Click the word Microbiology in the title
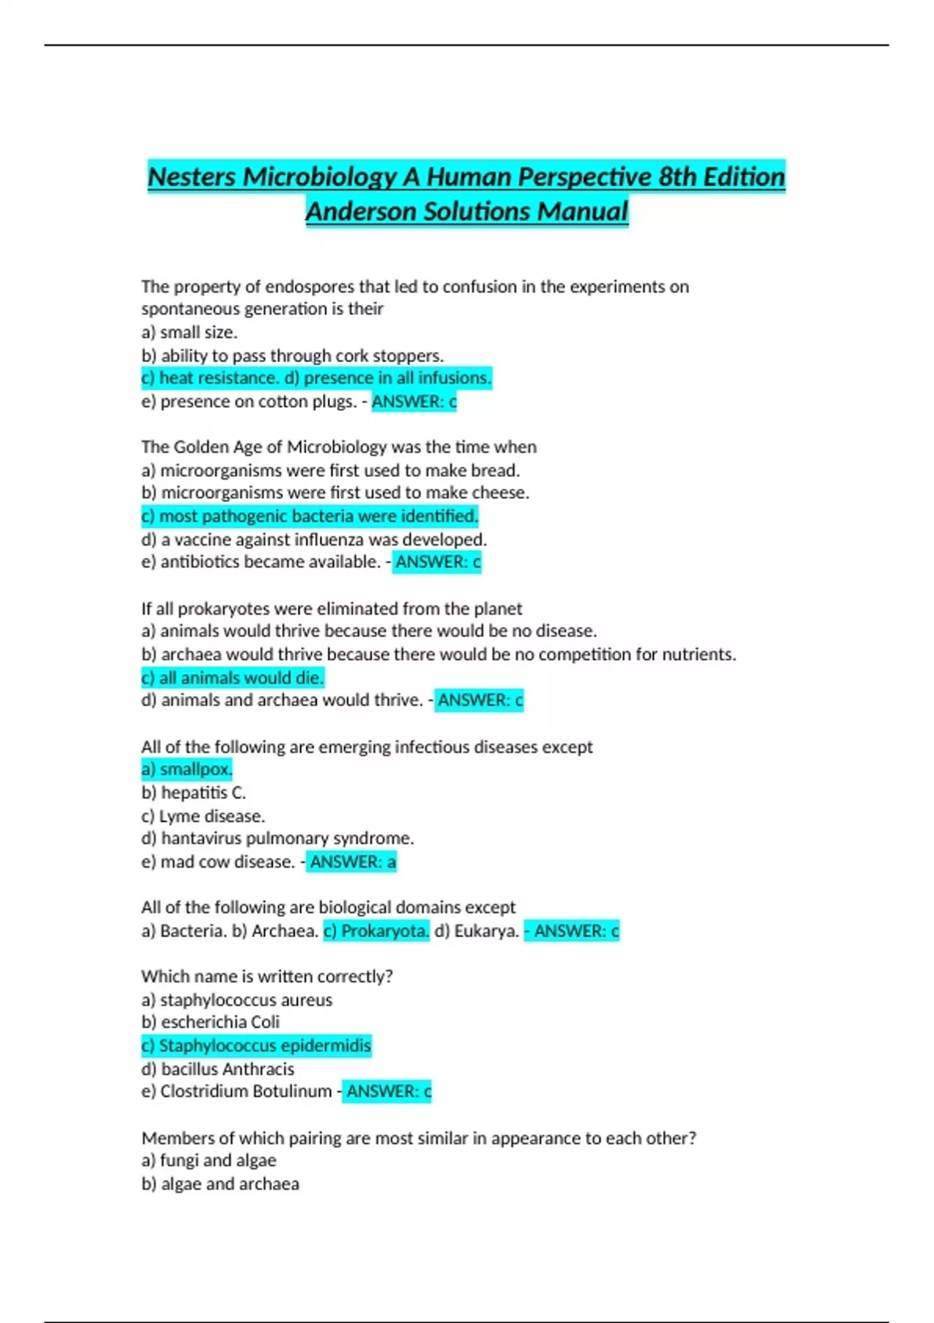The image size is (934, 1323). coord(320,177)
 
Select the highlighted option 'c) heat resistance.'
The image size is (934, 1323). coord(209,378)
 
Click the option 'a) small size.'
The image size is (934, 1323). coord(189,332)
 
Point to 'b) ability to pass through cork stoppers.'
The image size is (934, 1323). coord(293,356)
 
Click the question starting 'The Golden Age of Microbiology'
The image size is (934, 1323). coord(339,447)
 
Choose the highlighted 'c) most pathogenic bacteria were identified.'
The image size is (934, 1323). coord(310,516)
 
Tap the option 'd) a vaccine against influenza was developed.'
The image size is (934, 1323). coord(314,539)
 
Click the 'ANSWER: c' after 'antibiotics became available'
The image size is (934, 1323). coord(437,562)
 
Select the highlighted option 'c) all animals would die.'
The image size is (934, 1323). coord(233,678)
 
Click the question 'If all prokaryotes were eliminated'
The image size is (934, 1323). coord(332,609)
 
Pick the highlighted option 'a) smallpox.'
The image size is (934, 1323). coord(187,770)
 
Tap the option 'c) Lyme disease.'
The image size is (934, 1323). coord(203,816)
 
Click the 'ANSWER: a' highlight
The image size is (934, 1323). coord(353,862)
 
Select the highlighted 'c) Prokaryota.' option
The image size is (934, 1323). coord(376,931)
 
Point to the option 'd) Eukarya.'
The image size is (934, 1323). coord(476,931)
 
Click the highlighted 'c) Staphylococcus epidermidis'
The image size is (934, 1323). coord(256,1046)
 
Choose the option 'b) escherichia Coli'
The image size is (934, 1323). coord(210,1023)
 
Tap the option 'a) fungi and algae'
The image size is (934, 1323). coord(209,1161)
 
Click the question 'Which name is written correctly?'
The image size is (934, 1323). coord(267,977)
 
